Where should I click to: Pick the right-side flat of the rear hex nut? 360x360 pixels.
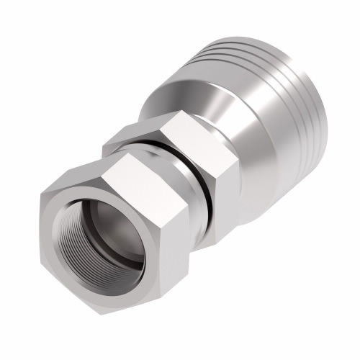coord(216,180)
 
